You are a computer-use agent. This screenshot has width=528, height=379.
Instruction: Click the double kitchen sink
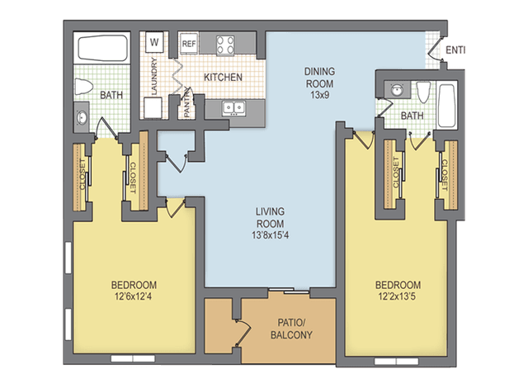pos(235,107)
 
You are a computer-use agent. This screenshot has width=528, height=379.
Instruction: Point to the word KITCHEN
pos(222,77)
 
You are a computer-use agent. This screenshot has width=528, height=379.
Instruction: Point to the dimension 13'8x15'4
pos(270,236)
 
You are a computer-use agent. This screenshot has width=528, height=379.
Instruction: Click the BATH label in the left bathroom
pos(111,96)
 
